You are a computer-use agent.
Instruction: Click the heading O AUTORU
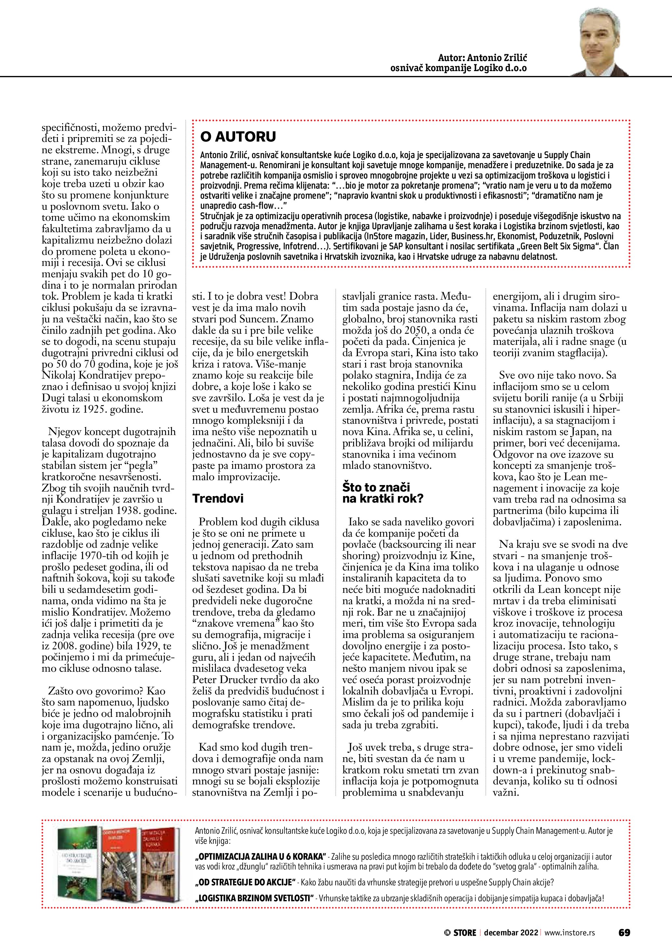[x=238, y=136]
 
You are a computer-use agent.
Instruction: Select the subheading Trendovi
[x=217, y=498]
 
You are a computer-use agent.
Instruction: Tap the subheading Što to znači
[x=376, y=487]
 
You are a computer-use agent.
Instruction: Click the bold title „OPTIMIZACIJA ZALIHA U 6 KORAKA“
[x=261, y=856]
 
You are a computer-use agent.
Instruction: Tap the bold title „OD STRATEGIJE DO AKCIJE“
[x=246, y=882]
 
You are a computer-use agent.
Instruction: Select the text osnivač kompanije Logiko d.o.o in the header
[x=458, y=68]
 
